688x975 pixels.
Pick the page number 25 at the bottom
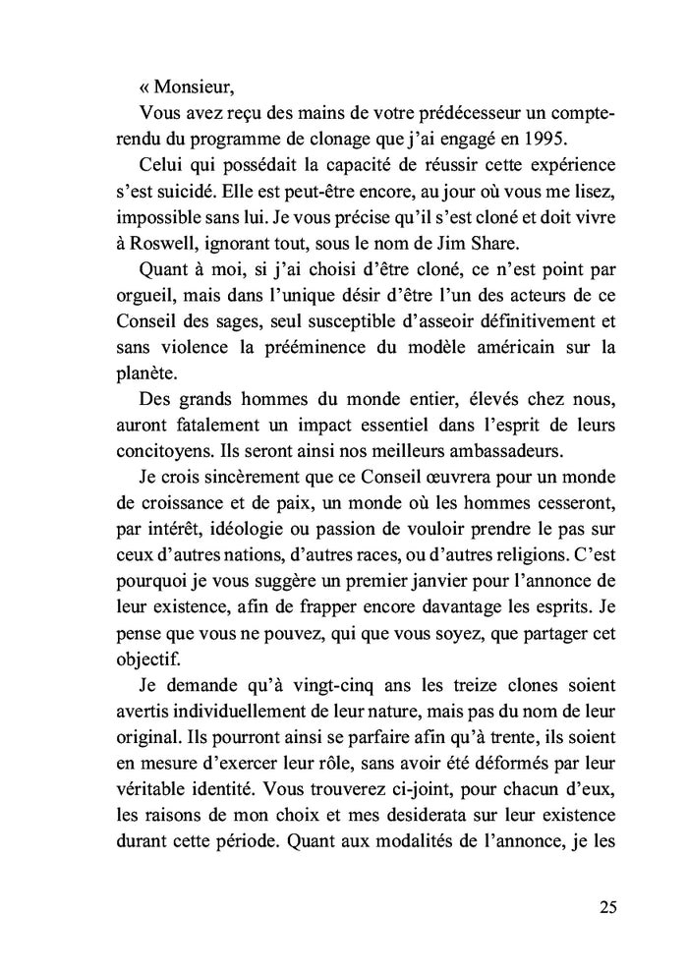[x=606, y=907]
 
